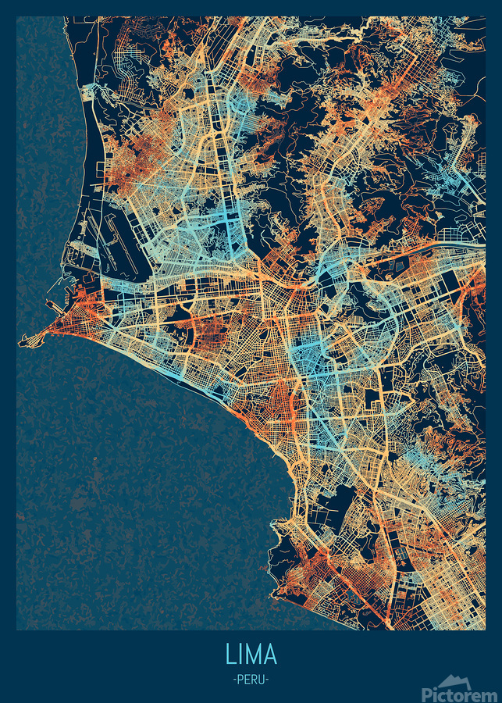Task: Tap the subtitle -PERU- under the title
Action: tap(251, 680)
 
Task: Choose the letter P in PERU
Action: tap(240, 680)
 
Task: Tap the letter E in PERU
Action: tap(247, 680)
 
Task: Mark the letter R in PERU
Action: tap(255, 680)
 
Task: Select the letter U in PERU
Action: tap(262, 680)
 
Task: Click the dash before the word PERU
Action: tap(234, 680)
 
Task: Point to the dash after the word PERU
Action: tap(267, 680)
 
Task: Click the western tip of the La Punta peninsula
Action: tap(21, 343)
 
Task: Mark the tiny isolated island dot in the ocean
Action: tap(94, 459)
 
